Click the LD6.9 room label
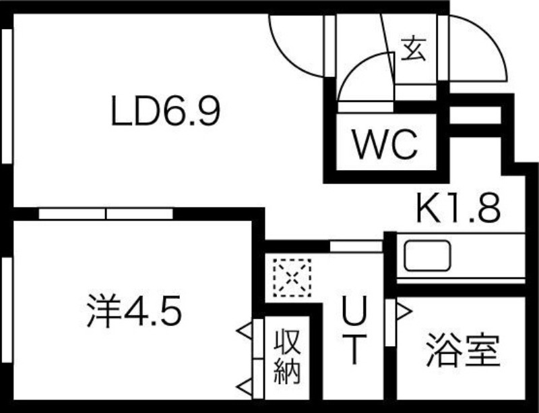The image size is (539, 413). tap(166, 112)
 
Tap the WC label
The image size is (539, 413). tap(387, 144)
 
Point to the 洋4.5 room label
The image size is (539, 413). tap(135, 312)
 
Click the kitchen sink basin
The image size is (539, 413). tap(427, 257)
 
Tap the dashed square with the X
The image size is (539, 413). tap(291, 277)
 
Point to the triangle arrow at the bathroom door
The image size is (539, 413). tap(403, 311)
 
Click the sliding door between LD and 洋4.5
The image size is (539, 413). tap(106, 213)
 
